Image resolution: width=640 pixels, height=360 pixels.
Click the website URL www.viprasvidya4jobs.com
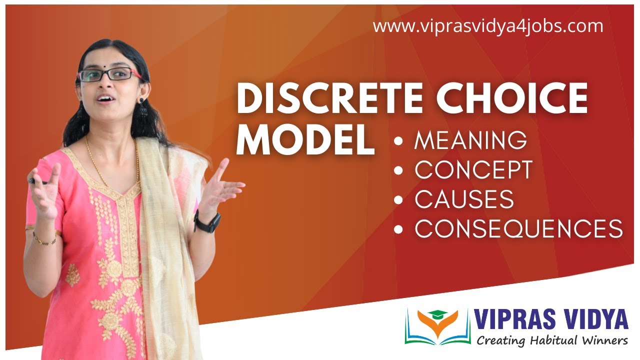(x=488, y=26)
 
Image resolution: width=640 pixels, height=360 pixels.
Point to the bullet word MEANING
(x=470, y=141)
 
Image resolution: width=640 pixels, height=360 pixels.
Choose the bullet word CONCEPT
(x=473, y=170)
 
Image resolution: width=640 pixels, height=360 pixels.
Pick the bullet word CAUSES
(x=464, y=199)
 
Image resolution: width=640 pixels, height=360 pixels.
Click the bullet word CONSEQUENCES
(x=518, y=229)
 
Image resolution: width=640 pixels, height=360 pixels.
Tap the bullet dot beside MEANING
(x=398, y=141)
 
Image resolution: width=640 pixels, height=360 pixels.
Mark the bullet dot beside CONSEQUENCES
(x=398, y=229)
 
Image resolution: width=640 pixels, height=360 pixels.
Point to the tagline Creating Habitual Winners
(x=551, y=341)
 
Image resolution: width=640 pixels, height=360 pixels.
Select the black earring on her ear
(x=142, y=106)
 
